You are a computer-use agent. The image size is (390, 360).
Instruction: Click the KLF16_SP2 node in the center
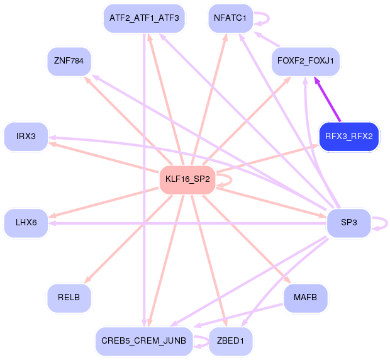(x=187, y=180)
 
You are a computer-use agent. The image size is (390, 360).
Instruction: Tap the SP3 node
(x=349, y=223)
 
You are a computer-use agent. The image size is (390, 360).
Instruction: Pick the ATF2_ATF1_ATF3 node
(x=144, y=18)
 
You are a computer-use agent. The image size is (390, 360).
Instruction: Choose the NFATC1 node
(x=230, y=18)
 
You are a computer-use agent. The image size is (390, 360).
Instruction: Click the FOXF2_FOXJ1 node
(x=306, y=61)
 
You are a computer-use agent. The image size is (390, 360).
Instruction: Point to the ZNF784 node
(x=69, y=61)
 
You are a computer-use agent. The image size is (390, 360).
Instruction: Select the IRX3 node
(x=26, y=137)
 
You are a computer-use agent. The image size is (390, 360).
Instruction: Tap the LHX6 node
(x=26, y=223)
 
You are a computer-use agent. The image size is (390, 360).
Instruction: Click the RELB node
(x=69, y=298)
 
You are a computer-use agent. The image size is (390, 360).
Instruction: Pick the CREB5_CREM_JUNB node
(x=144, y=341)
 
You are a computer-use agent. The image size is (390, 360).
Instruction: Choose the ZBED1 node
(x=230, y=341)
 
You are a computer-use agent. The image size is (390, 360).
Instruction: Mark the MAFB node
(x=306, y=298)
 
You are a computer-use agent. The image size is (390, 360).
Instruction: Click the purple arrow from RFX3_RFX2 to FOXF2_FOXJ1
(x=328, y=100)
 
